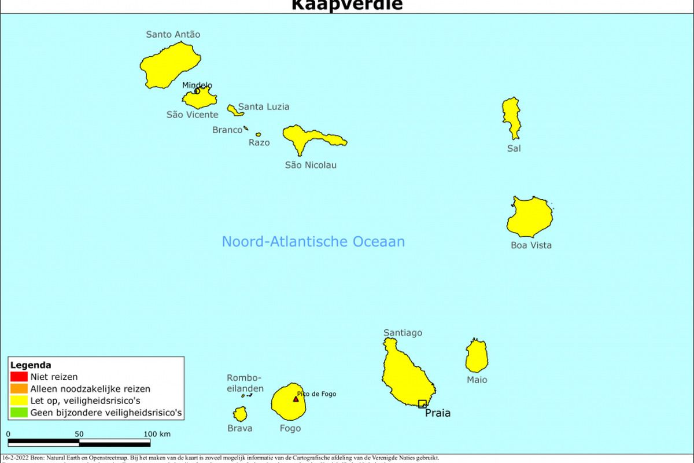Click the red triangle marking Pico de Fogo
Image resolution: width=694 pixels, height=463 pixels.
(296, 398)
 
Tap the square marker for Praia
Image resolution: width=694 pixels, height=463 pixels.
(422, 403)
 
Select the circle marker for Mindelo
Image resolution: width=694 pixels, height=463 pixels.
(197, 91)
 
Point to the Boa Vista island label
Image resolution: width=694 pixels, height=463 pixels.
(531, 245)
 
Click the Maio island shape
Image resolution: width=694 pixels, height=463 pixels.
(477, 357)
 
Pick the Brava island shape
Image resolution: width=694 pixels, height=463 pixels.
(240, 414)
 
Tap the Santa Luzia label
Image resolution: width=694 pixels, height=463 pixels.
(264, 106)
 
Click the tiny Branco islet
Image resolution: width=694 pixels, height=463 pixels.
(246, 128)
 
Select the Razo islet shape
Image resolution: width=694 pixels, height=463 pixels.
(258, 134)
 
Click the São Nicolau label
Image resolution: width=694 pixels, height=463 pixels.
(311, 165)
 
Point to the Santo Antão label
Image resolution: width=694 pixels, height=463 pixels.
(173, 34)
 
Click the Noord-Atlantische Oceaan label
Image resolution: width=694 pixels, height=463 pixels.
(313, 241)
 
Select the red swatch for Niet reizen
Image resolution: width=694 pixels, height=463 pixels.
(19, 377)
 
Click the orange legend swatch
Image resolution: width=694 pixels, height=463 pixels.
(19, 389)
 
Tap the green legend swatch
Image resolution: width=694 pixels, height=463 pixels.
(19, 413)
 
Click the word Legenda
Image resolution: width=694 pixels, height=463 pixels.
(31, 365)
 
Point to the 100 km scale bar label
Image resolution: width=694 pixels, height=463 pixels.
(157, 434)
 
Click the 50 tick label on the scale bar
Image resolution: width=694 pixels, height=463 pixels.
(79, 434)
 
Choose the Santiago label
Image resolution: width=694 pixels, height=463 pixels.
(403, 333)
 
